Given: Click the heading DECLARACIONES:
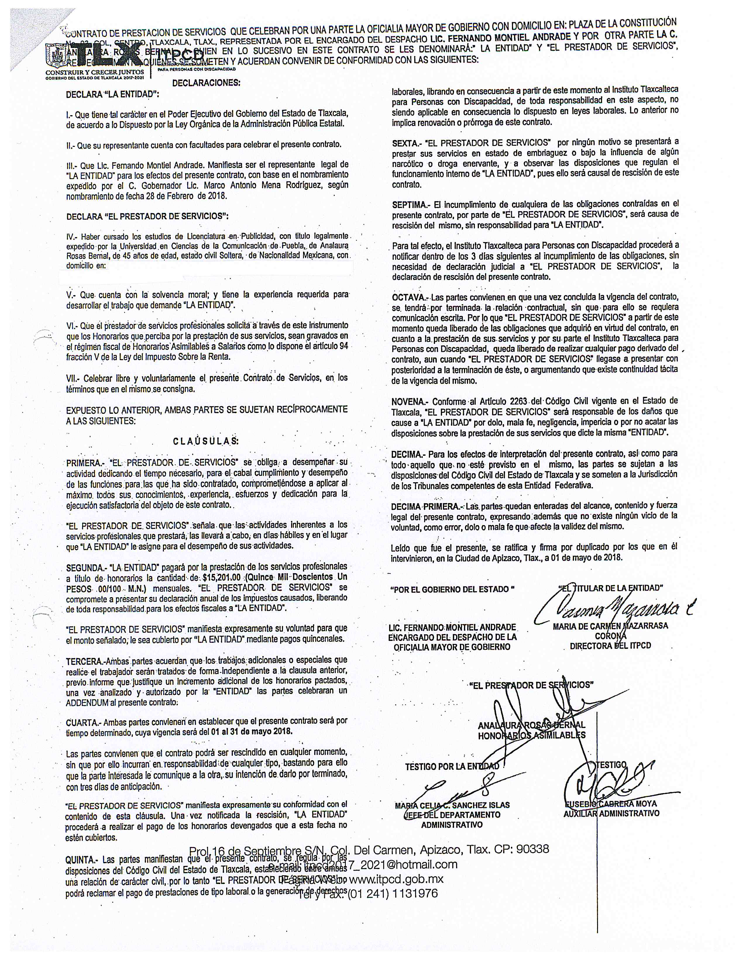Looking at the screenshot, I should tap(206, 83).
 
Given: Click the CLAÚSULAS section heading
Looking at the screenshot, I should tap(205, 441).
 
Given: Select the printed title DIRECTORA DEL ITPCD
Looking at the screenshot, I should tap(610, 646).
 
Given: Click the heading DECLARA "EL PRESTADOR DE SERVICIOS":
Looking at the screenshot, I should tap(147, 216).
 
